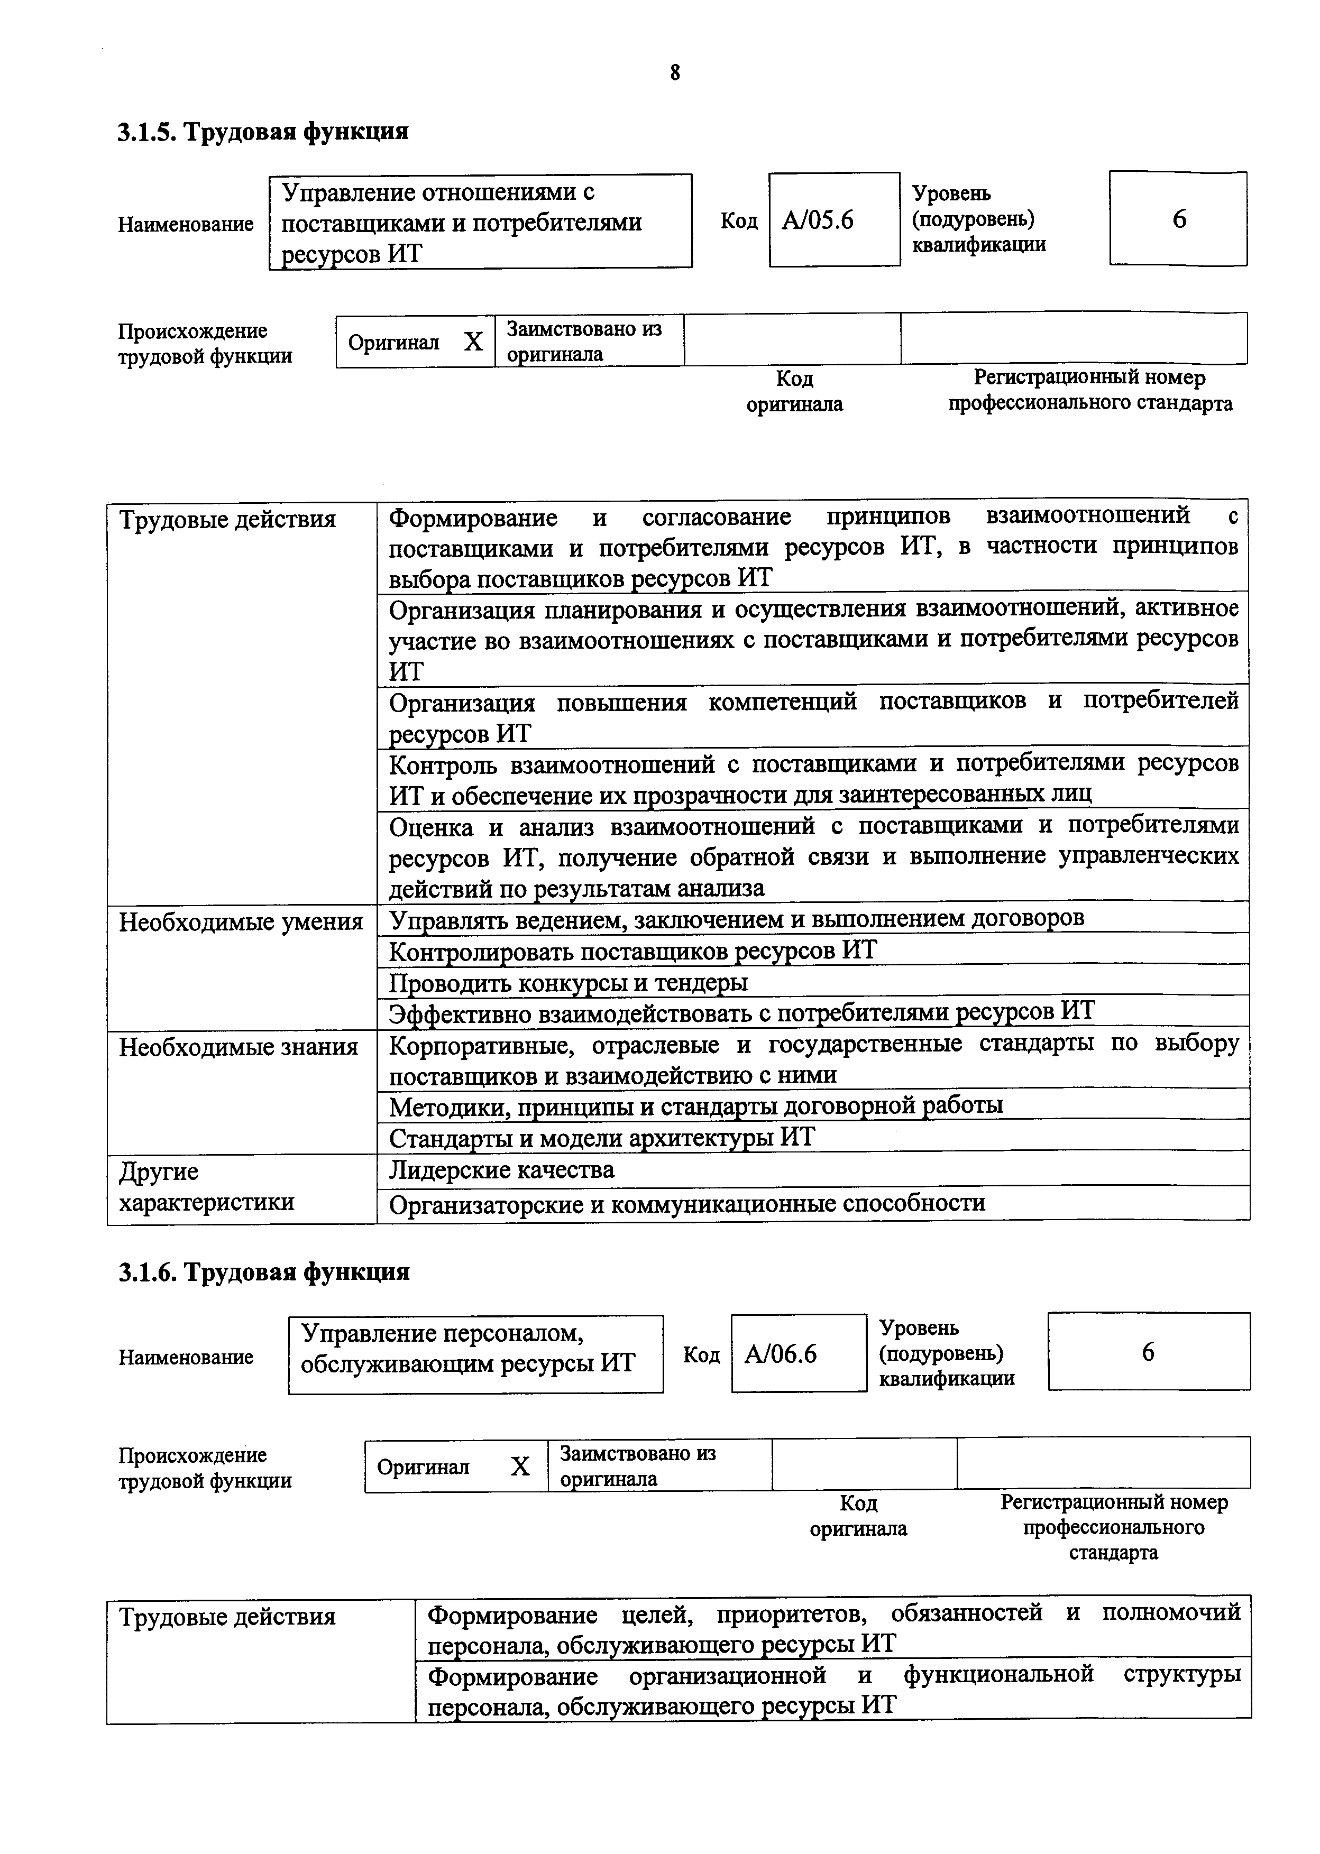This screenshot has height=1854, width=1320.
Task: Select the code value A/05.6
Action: click(x=818, y=220)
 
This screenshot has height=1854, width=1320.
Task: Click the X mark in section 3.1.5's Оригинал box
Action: click(x=473, y=342)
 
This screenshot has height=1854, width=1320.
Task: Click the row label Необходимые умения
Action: click(x=241, y=922)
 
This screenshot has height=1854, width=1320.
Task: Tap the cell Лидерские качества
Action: click(x=501, y=1170)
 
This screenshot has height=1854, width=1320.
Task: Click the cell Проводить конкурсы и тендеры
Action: click(x=568, y=983)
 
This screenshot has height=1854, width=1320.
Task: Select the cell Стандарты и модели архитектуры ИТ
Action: click(x=601, y=1137)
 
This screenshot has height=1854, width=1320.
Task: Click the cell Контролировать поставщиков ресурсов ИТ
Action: click(x=632, y=951)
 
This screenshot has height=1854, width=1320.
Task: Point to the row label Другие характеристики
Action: click(x=206, y=1187)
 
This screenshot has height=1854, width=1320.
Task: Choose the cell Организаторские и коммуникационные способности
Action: click(x=687, y=1203)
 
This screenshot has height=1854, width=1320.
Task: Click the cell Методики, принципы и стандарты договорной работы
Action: click(x=696, y=1105)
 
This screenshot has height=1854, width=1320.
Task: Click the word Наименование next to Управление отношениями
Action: click(x=185, y=224)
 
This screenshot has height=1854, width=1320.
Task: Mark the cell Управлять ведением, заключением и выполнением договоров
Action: click(x=736, y=919)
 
